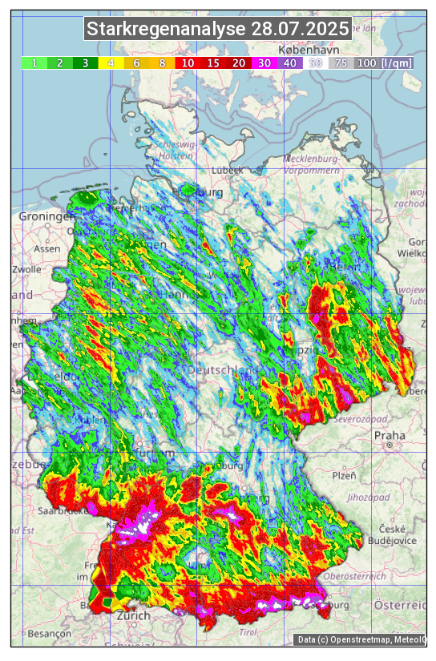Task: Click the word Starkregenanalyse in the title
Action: pos(167,30)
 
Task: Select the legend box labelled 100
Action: pos(366,62)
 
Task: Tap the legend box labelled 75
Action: pos(341,62)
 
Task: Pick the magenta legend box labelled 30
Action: pos(263,62)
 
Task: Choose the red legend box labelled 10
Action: pos(187,62)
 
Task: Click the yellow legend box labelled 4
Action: pos(111,62)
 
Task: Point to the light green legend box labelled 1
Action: pos(34,62)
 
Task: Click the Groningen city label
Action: pos(46,216)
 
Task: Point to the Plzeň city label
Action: pos(344,475)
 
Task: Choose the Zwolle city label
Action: pos(26,269)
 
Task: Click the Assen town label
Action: pos(47,248)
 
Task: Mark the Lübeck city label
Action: pos(227,170)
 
